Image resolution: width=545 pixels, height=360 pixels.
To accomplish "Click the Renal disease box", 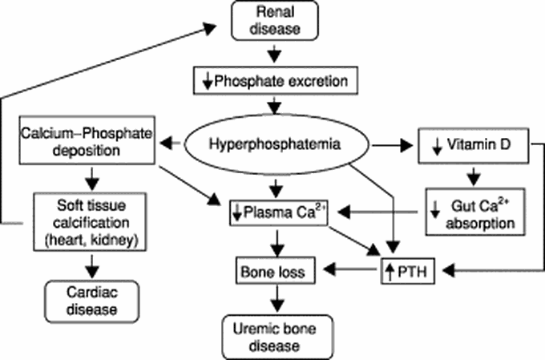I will (x=274, y=22).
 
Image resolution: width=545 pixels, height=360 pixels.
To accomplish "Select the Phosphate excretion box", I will (x=274, y=80).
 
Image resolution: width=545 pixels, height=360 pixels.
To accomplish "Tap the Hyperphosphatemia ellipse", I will (x=274, y=144).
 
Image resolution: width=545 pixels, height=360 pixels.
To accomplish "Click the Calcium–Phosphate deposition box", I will (x=87, y=144).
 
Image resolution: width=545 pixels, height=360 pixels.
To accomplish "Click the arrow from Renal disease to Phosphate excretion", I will (x=274, y=55).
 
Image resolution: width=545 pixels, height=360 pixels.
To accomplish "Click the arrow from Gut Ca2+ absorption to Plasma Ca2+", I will (x=377, y=212).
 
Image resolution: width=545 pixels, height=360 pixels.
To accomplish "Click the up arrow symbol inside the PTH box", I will (x=390, y=273).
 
